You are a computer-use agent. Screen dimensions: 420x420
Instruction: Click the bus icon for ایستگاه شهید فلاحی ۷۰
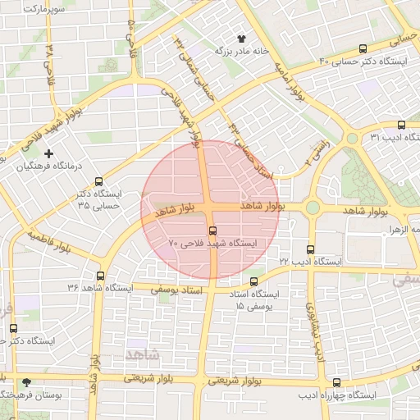click(x=213, y=231)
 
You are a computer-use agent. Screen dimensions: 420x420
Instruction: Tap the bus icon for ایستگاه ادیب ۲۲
click(x=309, y=249)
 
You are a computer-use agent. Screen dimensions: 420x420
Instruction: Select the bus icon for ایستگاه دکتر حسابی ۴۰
click(x=363, y=48)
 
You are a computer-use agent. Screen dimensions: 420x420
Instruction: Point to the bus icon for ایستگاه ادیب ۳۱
click(x=400, y=126)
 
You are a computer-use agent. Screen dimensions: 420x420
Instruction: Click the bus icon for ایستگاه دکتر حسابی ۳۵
click(x=99, y=182)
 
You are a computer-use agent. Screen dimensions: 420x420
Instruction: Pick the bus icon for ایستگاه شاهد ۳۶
click(x=100, y=276)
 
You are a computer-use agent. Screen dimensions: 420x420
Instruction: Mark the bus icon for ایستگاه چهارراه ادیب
click(x=336, y=382)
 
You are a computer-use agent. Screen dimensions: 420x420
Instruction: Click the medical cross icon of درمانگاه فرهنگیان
click(x=49, y=153)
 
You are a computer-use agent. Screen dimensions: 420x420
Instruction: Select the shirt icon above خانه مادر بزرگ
click(x=241, y=39)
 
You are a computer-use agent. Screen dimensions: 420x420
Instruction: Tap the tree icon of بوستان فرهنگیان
click(x=27, y=382)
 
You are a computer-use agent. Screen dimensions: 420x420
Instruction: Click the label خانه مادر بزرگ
click(x=242, y=51)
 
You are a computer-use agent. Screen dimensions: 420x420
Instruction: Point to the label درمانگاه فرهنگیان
click(x=52, y=166)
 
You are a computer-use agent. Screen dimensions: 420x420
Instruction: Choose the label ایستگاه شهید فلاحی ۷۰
click(x=212, y=244)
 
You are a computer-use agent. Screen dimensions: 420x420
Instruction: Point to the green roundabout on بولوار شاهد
click(x=313, y=208)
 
